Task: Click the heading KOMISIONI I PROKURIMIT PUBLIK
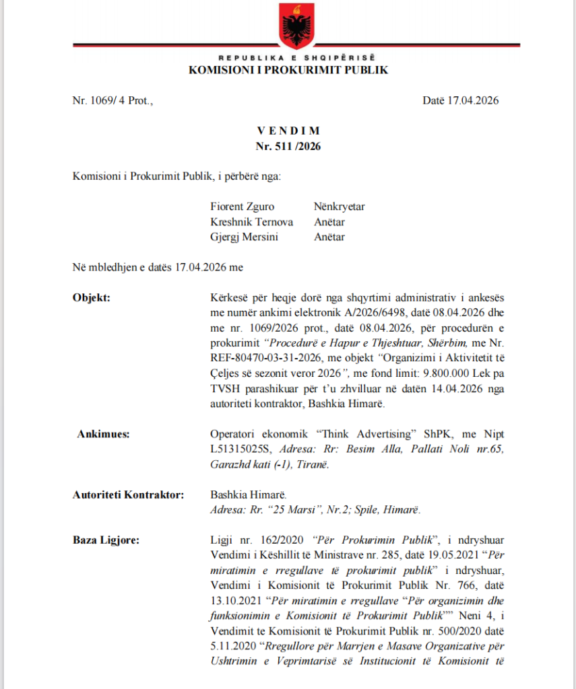(288, 71)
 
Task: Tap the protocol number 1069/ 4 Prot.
(113, 101)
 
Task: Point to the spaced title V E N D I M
(288, 131)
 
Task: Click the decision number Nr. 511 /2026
(288, 145)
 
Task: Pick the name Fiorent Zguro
(243, 207)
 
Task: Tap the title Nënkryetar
(339, 207)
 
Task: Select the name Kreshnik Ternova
(251, 222)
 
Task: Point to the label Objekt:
(91, 297)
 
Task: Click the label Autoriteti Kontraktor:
(128, 495)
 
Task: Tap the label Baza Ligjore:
(104, 540)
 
